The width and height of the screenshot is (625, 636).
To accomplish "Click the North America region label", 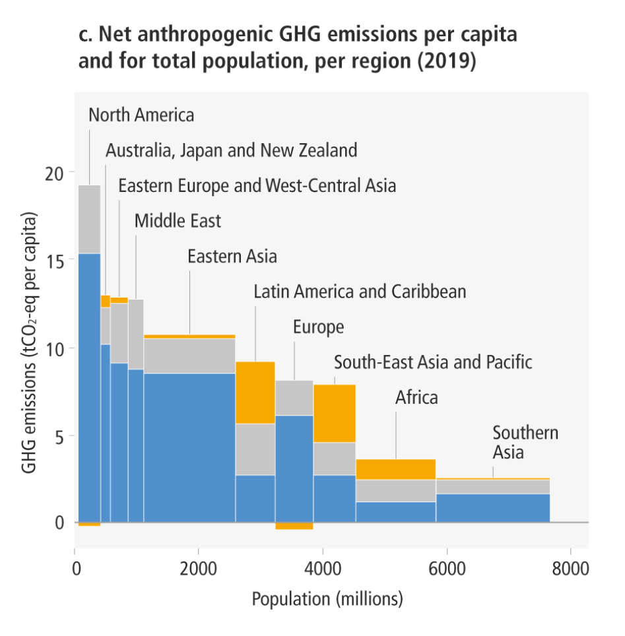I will [141, 115].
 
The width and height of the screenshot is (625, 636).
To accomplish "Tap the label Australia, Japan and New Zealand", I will [231, 150].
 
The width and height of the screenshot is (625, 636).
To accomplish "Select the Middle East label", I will [178, 220].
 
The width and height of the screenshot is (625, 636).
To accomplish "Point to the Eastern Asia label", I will [232, 256].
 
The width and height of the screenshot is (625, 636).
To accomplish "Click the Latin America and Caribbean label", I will [360, 291].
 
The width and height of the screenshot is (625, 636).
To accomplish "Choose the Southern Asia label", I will [525, 443].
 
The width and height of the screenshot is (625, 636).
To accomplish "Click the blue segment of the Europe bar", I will [294, 468].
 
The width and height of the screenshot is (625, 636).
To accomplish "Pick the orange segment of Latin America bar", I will [255, 393].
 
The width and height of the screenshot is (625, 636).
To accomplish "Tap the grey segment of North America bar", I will [89, 219].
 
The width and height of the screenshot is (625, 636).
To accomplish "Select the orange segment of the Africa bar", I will [395, 469].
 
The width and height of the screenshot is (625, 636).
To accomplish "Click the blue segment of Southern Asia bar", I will [492, 508].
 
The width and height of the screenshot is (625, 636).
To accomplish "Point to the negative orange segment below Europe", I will [294, 526].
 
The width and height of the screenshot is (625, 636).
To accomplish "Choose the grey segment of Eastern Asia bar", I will [189, 356].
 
